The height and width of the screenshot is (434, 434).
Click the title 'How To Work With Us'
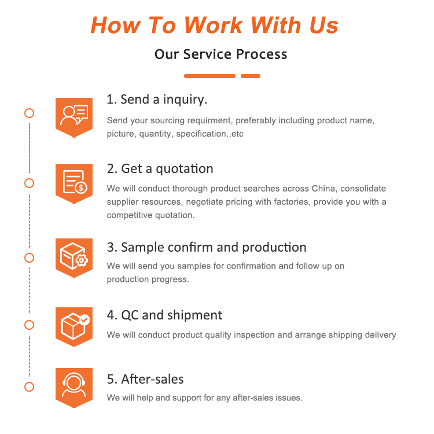[215, 25]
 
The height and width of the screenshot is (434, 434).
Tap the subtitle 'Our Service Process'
[220, 54]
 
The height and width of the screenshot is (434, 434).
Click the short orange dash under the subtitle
[251, 76]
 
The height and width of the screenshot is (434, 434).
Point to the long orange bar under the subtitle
[210, 76]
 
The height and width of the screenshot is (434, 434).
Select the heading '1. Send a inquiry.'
[157, 100]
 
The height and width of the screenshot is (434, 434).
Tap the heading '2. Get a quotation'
[160, 169]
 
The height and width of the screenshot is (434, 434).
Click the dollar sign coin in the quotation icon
[81, 187]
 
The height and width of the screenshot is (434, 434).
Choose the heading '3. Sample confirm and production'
[207, 247]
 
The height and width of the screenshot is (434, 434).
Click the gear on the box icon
[82, 260]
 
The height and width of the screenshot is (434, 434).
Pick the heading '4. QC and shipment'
[164, 315]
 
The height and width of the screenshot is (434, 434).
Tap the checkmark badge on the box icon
[84, 319]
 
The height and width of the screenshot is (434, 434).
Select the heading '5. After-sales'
[145, 379]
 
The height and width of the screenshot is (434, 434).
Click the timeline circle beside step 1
[29, 113]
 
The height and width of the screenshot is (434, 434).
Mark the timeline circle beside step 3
[29, 258]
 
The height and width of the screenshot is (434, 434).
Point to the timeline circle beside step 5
[29, 387]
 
